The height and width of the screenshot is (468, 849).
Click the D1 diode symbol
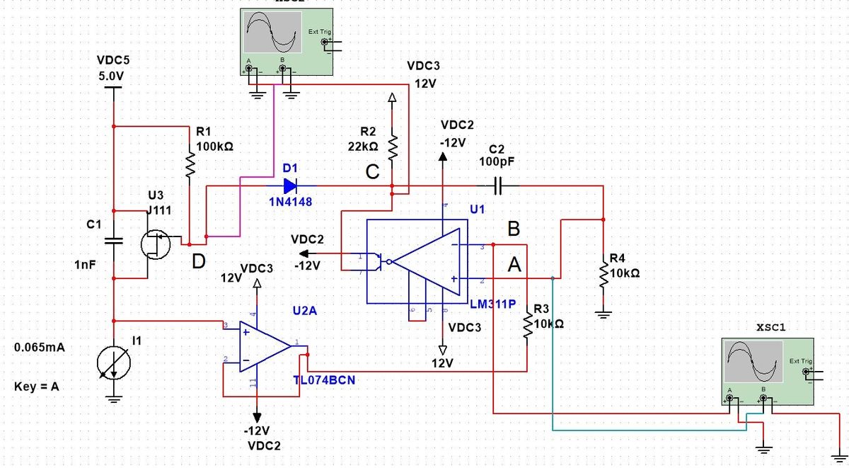coord(290,186)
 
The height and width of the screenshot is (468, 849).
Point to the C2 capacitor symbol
coord(499,186)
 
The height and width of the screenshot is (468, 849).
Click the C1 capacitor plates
coord(113,241)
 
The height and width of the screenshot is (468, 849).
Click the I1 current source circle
coord(113,363)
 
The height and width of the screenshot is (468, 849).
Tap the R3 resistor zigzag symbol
coord(527,326)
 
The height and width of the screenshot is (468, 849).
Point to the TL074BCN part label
coord(324,380)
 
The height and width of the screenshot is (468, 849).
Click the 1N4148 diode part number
coord(290,202)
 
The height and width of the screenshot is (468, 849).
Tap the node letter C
coord(373,172)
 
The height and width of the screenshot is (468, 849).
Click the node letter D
coord(200,263)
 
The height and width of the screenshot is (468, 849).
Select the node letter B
coord(514,229)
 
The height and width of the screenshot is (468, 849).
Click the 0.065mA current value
coord(40,348)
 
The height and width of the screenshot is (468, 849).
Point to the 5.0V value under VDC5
coord(112,76)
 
